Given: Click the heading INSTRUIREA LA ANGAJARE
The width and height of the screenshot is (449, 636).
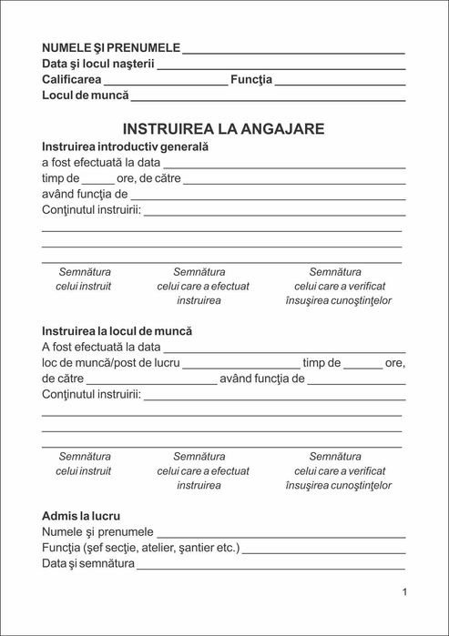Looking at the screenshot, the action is [x=223, y=129].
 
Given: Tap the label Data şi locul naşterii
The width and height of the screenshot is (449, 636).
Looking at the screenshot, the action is [x=98, y=65].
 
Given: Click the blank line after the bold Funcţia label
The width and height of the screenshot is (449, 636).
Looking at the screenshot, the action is [x=340, y=83].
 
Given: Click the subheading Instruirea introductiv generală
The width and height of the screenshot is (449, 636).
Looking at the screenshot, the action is [x=126, y=146].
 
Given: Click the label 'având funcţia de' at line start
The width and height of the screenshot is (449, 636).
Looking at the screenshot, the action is [x=84, y=195].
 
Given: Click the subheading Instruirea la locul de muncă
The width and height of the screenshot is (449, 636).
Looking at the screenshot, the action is [x=117, y=331].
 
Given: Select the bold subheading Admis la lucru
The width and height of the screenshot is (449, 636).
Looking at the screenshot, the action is [x=81, y=516].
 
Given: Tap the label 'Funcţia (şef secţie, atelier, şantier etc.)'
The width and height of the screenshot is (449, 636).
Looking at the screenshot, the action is [x=141, y=549].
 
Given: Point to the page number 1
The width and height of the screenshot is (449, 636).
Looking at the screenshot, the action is [x=404, y=592].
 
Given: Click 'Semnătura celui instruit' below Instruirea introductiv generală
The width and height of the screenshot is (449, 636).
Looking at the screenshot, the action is [x=84, y=278].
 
